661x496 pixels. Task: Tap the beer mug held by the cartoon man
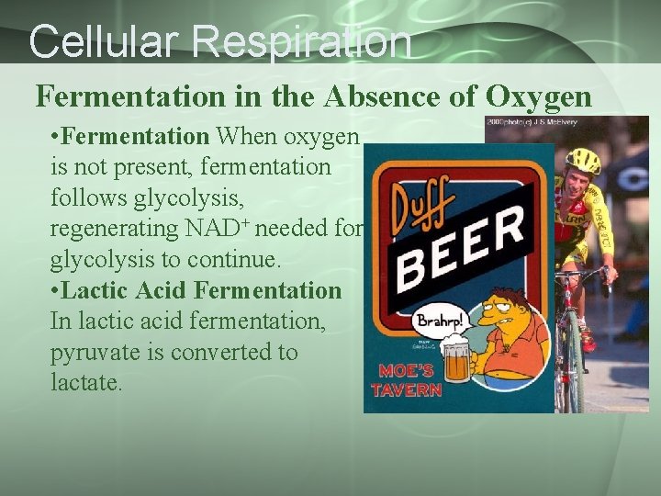coord(456,363)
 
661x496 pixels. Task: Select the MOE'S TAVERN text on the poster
coord(406,380)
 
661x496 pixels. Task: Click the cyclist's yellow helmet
coord(582,161)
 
